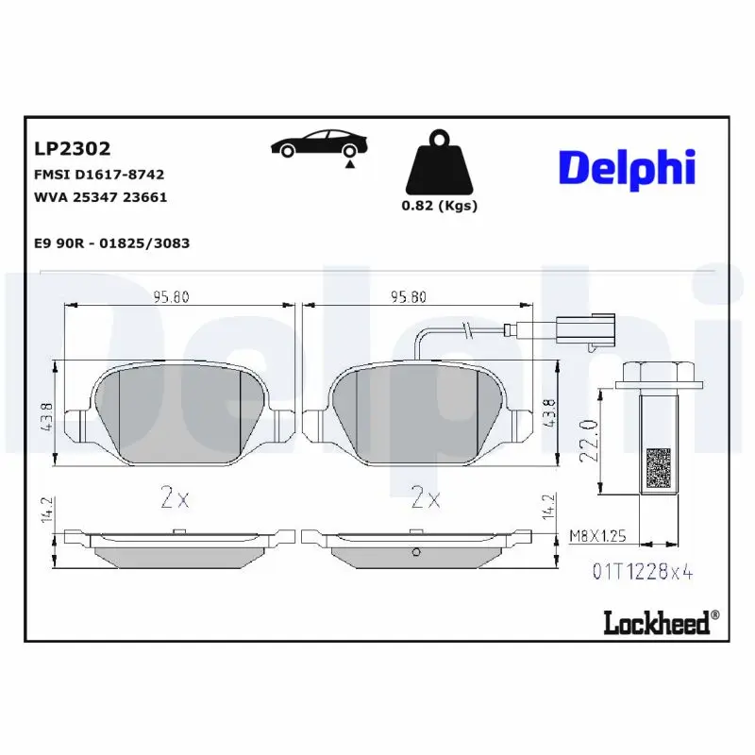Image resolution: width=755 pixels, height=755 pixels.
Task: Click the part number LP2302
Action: pyautogui.click(x=72, y=148)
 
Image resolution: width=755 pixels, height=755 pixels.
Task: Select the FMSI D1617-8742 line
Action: pyautogui.click(x=98, y=175)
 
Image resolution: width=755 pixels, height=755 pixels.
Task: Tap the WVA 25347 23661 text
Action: pyautogui.click(x=100, y=198)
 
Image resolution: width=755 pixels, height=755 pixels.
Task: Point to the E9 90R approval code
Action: pyautogui.click(x=110, y=243)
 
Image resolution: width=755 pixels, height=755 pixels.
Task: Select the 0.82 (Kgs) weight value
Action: pyautogui.click(x=440, y=206)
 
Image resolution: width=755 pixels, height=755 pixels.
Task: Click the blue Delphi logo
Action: pyautogui.click(x=627, y=167)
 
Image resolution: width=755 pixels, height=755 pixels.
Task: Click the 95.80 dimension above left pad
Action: pyautogui.click(x=172, y=296)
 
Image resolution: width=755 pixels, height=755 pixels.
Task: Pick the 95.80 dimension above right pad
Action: pyautogui.click(x=408, y=296)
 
